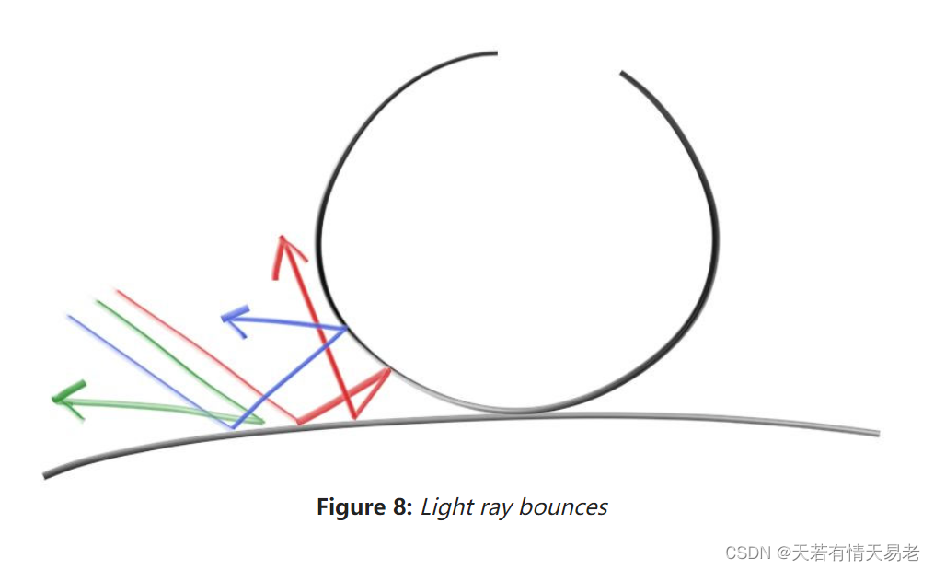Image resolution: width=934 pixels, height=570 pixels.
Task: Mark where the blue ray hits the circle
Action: tap(346, 328)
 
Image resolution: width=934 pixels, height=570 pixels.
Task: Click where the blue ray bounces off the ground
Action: tap(234, 427)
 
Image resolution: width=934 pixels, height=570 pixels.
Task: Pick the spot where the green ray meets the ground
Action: tap(263, 423)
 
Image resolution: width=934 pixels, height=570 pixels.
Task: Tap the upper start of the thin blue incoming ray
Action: tap(68, 316)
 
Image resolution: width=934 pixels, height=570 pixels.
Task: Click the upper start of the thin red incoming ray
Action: tap(117, 291)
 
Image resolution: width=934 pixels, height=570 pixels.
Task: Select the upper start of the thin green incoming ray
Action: tap(96, 300)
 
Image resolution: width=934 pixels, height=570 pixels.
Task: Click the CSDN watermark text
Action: tap(746, 553)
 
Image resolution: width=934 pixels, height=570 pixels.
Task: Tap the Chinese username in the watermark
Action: tap(856, 553)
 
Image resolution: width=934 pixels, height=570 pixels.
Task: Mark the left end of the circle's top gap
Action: tap(495, 53)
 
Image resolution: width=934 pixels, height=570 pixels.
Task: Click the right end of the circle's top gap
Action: tap(622, 73)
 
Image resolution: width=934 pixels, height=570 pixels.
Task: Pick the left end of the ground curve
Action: tap(45, 475)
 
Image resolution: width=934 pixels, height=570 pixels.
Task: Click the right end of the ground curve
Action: tap(877, 433)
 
